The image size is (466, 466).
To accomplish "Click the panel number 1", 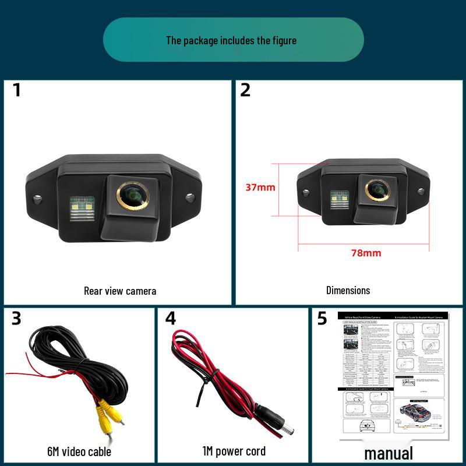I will pos(17,90).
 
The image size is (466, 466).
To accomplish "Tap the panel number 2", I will pos(245,90).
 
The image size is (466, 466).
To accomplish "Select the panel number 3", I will pos(16,319).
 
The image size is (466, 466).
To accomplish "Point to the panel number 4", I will pos(170,319).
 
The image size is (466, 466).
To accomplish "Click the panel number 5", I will pos(322,319).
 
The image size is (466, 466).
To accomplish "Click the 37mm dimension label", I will pos(260,188).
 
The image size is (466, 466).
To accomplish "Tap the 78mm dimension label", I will pos(366,253).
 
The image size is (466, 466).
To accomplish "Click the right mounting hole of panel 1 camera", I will pos(190,197).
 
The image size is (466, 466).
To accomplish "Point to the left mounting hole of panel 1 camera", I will pos(37,198).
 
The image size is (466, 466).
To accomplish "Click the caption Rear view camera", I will pos(120,291).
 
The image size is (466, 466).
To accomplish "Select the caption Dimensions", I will pos(348,290).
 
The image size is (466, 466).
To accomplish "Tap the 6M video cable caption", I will pos(79,451).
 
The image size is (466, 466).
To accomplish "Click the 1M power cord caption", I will pos(234,451).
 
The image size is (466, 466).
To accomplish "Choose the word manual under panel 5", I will pos(389,453).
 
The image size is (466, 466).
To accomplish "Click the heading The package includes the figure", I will pos(231,40).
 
